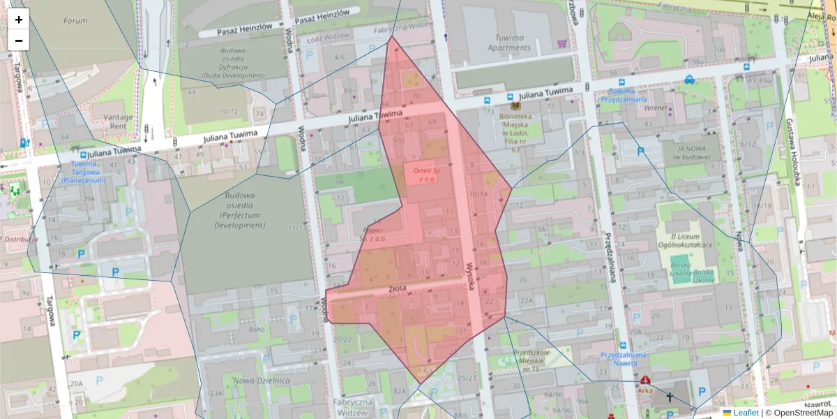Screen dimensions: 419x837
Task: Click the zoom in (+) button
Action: coord(19,20)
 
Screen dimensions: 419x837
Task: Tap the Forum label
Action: coord(75,21)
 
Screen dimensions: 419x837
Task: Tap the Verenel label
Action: coord(655,109)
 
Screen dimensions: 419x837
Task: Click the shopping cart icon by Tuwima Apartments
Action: coord(562,43)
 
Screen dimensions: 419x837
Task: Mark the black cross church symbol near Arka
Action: coord(670,397)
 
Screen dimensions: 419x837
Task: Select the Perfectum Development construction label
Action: coord(239,211)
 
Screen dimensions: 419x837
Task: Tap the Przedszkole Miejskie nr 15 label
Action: coord(532,360)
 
